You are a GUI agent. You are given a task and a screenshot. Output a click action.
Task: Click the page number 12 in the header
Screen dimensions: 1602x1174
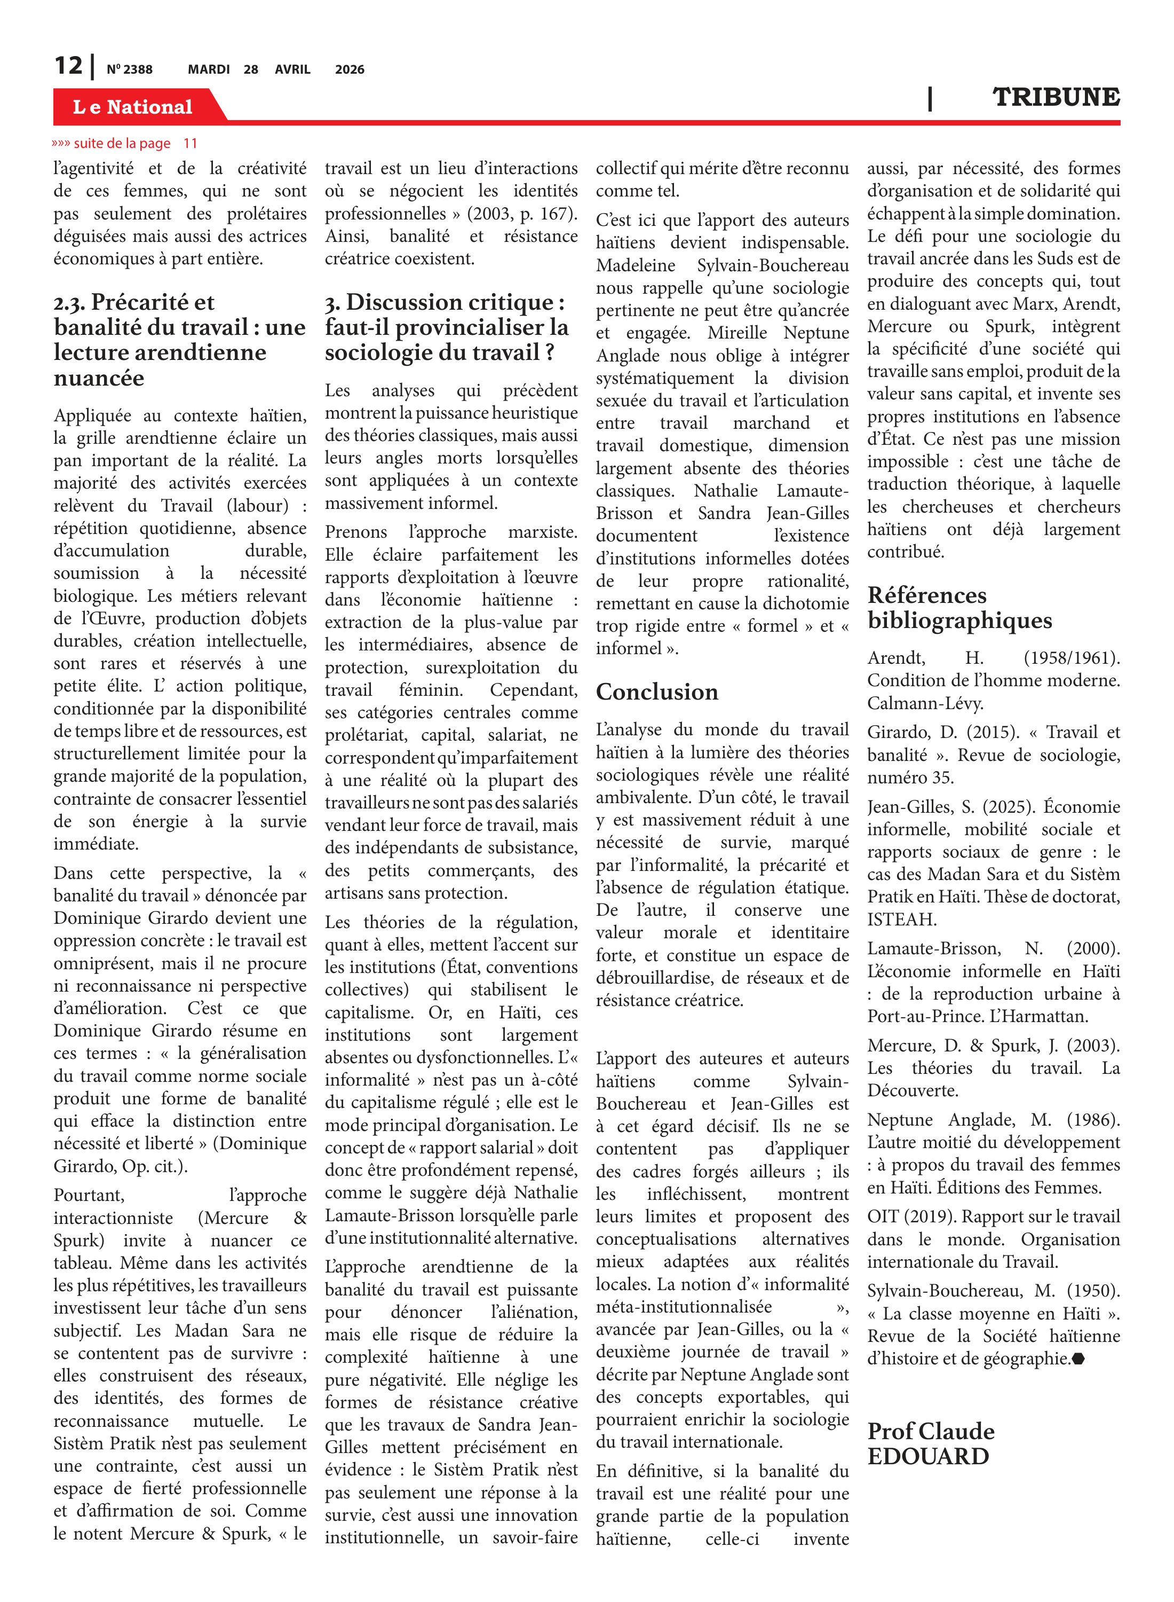pos(69,66)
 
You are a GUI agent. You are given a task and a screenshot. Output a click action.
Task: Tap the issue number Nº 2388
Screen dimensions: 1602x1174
pos(129,69)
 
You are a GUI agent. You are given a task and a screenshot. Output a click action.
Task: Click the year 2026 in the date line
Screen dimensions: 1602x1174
pos(350,69)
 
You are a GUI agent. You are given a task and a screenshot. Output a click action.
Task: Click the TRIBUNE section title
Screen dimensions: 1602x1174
pos(1056,97)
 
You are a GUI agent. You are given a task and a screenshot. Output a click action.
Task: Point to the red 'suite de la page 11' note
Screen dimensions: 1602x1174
pos(125,144)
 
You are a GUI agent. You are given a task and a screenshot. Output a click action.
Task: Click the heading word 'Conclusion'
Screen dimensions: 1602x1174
pos(657,692)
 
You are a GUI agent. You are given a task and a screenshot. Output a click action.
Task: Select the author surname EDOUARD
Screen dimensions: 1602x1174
pos(928,1456)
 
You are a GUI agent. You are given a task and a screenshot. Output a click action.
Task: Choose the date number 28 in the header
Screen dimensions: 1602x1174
pos(251,69)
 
